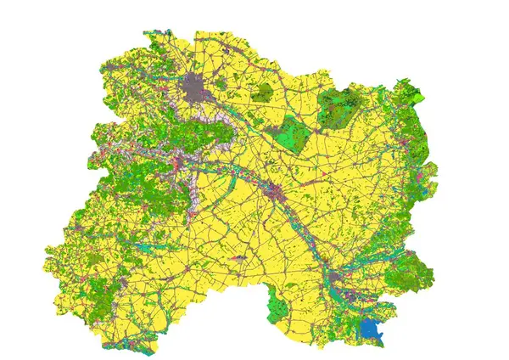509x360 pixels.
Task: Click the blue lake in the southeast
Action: point(371,329)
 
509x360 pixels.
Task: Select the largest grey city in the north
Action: point(197,87)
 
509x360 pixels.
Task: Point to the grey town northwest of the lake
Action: point(339,277)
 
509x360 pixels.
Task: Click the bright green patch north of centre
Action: point(288,137)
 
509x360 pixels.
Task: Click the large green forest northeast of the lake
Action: point(411,272)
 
